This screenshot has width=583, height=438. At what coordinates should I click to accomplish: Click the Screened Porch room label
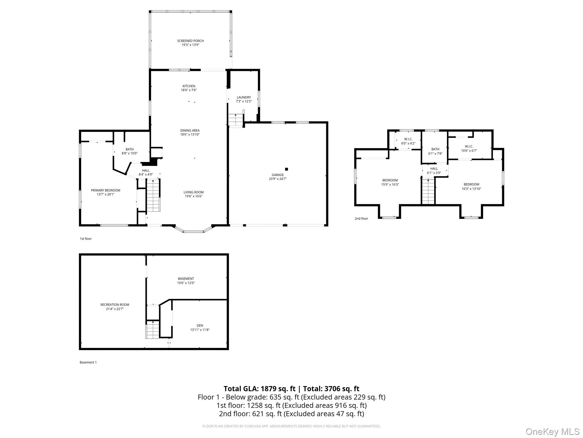click(x=190, y=41)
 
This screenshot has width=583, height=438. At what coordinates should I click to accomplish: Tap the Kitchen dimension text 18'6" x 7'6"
click(x=189, y=90)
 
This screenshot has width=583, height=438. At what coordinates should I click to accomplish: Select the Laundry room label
click(x=244, y=97)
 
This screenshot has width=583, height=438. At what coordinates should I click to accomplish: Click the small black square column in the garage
click(x=286, y=169)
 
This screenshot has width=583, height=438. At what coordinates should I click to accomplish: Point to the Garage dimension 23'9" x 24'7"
click(x=278, y=179)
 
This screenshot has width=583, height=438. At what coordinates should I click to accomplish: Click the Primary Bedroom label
click(x=105, y=190)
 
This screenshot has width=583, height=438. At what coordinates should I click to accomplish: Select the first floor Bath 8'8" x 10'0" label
click(x=130, y=151)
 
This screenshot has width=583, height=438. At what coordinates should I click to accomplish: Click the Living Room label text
click(x=193, y=192)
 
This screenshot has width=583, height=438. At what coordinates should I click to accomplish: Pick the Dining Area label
click(x=190, y=131)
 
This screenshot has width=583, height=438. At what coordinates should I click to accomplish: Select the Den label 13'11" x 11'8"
click(x=200, y=328)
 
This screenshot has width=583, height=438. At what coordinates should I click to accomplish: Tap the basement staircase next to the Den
click(x=153, y=330)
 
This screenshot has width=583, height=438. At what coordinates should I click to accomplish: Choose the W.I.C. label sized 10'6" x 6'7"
click(x=469, y=148)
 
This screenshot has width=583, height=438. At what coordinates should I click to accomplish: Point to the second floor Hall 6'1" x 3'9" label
click(x=434, y=171)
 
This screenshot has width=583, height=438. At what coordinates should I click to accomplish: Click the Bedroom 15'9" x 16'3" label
click(x=390, y=182)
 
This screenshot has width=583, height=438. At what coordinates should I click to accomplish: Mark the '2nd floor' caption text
click(x=361, y=218)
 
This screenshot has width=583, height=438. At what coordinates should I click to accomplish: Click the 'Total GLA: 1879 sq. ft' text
click(x=259, y=389)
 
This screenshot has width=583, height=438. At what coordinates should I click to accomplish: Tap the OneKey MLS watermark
click(x=552, y=431)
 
